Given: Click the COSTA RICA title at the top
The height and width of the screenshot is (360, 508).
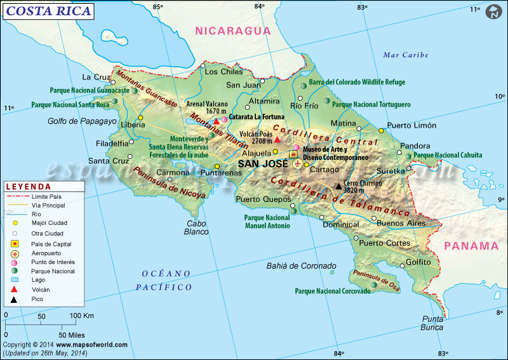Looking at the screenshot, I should pos(47,11).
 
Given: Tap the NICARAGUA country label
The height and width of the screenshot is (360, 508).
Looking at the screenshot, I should pos(232,30).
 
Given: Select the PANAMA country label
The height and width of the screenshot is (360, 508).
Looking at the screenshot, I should pos(471,246).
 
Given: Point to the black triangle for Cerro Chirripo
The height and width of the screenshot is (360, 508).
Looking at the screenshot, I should pos(338,186).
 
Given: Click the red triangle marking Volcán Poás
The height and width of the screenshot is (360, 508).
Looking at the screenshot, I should pos(277,139).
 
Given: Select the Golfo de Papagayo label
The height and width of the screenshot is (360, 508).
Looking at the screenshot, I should pos(82,121).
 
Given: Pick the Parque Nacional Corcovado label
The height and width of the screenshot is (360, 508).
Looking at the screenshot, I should pos(332,291).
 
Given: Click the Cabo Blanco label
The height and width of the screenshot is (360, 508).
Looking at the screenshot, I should pos(197,227).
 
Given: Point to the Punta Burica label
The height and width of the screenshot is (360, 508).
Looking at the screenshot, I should pos(432,323).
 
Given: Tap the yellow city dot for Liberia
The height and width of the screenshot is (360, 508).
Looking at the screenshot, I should pos(141,117).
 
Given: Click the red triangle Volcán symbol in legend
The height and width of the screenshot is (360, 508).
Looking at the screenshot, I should pos(14,289).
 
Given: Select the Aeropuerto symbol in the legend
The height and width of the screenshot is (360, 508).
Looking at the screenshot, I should pos(14,253).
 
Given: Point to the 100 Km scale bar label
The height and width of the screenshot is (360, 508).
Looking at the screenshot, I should pos(81,316).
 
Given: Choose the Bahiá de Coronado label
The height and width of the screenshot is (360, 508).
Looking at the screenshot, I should pos(301,266).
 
